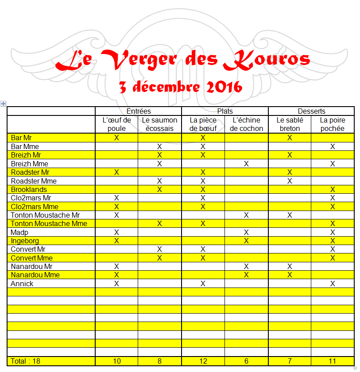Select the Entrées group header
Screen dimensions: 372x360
coord(138,111)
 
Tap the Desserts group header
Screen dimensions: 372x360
coord(311,111)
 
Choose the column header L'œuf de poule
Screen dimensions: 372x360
coord(116,124)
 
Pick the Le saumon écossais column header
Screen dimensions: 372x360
coord(159,124)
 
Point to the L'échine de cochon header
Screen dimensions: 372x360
coord(246,124)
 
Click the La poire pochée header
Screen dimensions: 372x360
coord(333,124)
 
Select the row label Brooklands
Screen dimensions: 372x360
coord(29,189)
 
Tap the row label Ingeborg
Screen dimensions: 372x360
coord(25,241)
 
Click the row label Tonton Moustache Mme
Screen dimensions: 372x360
coord(49,224)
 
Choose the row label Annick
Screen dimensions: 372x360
coord(22,284)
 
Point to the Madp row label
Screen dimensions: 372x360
coord(20,232)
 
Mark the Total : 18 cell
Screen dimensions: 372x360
coord(25,361)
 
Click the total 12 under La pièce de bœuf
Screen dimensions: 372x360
coord(203,361)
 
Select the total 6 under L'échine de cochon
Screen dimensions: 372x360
coord(246,361)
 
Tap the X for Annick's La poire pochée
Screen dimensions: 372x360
coord(333,284)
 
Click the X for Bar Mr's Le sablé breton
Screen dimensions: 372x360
coord(290,138)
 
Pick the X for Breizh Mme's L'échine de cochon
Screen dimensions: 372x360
coord(246,164)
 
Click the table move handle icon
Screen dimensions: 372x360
coord(3,104)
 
